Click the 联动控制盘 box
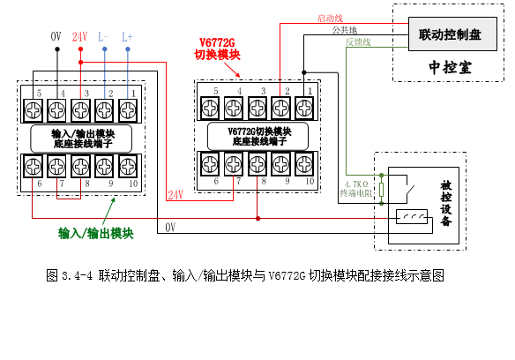point(452,34)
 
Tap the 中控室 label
point(450,67)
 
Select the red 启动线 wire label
point(330,18)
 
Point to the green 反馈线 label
point(358,42)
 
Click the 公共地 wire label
point(344,30)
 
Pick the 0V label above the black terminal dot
point(56,36)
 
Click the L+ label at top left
point(127,36)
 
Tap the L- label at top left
point(103,36)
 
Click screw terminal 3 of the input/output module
point(80,109)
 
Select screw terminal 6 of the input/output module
point(33,167)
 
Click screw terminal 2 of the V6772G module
point(280,108)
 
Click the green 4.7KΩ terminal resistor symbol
point(381,190)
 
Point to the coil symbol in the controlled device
point(412,217)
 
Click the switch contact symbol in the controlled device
point(409,190)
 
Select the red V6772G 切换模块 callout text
point(217,49)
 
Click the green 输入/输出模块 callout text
point(95,234)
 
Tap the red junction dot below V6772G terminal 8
point(257,218)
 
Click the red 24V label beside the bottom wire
point(175,195)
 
